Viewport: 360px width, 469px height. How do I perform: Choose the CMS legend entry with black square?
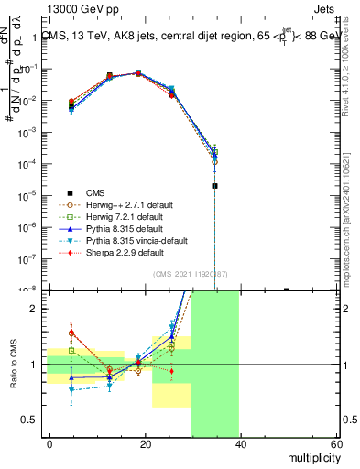pyautogui.click(x=96, y=192)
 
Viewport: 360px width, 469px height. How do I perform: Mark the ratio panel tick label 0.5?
pyautogui.click(x=33, y=420)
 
